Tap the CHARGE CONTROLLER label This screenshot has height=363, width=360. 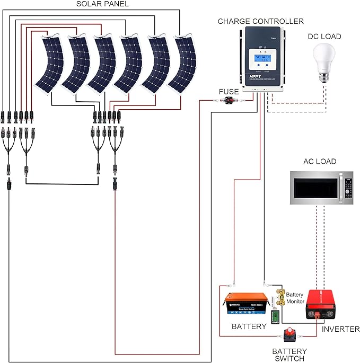point(260,21)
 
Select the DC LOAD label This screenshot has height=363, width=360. point(324,36)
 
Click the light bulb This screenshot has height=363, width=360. point(324,61)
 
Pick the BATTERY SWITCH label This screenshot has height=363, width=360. point(289,355)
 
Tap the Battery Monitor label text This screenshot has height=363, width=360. point(295,298)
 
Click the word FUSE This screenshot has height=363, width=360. point(229,92)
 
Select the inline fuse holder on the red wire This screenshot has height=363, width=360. point(231,100)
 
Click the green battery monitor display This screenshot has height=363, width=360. point(275,317)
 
